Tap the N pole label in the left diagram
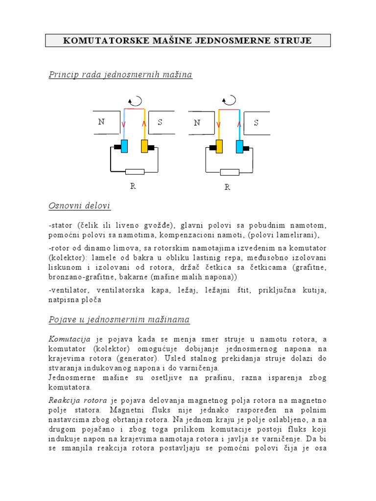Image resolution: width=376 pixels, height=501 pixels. click(101, 122)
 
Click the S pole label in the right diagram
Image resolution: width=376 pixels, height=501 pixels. click(256, 123)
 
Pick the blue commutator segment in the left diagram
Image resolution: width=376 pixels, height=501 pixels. click(124, 146)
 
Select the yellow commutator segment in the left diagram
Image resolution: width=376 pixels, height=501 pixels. click(144, 146)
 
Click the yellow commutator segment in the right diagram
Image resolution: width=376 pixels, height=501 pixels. click(219, 146)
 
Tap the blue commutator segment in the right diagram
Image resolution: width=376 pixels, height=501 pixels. click(239, 146)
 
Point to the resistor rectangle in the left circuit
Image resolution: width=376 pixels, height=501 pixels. click(135, 172)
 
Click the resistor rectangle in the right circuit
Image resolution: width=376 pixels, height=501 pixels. click(230, 172)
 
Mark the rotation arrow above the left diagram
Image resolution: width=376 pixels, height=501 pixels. click(135, 101)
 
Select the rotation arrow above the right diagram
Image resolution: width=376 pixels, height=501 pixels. click(228, 101)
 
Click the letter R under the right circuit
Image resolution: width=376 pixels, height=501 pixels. click(227, 187)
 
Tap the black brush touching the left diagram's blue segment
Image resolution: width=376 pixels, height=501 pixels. click(117, 147)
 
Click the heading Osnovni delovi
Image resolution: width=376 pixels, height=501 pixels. click(79, 205)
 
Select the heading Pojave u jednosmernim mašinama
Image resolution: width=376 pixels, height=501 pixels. click(119, 320)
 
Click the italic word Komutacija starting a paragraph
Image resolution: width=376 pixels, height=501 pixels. click(70, 339)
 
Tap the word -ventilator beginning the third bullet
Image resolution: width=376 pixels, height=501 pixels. click(69, 291)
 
